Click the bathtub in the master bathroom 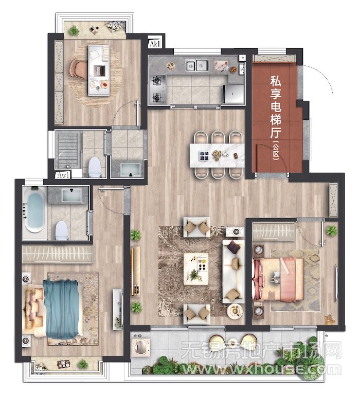pyautogui.click(x=35, y=210)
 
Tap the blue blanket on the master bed pyautogui.click(x=62, y=309)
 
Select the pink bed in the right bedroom pyautogui.click(x=278, y=280)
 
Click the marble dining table pyautogui.click(x=217, y=155)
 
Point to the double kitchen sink pyautogui.click(x=197, y=65)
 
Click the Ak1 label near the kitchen pyautogui.click(x=155, y=44)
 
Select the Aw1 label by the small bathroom pyautogui.click(x=63, y=174)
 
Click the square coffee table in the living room pyautogui.click(x=196, y=269)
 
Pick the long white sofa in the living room pyautogui.click(x=233, y=272)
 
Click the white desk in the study pyautogui.click(x=99, y=70)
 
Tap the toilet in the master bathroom pyautogui.click(x=62, y=230)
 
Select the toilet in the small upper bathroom pyautogui.click(x=95, y=167)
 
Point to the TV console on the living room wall pyautogui.click(x=136, y=271)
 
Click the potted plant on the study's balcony pyautogui.click(x=74, y=30)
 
